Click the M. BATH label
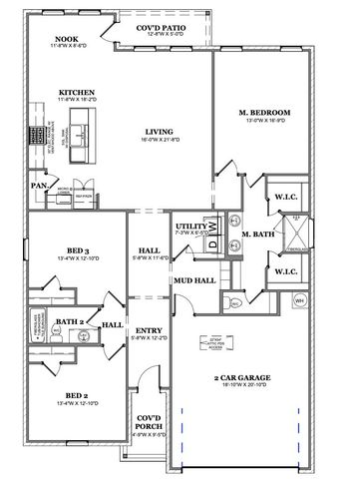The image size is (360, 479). tap(258, 236)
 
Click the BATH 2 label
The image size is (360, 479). tap(70, 321)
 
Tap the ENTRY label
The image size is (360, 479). tap(147, 330)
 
